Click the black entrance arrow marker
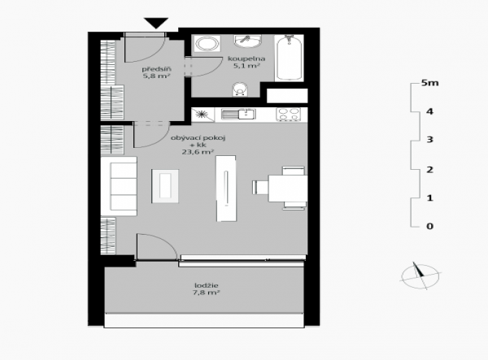[156, 23]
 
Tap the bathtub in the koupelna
[289, 58]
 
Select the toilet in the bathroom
[240, 89]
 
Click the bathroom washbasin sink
[248, 41]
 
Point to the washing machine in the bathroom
[207, 44]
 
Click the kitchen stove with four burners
[289, 114]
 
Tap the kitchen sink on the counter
[238, 114]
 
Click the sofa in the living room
[119, 186]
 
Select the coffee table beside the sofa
[165, 186]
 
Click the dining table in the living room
[288, 188]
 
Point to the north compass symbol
[420, 275]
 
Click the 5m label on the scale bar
[429, 83]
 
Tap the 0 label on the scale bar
[429, 226]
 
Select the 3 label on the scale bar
[429, 139]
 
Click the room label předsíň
[156, 69]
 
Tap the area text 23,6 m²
[198, 152]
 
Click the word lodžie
[207, 285]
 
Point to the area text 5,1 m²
[246, 66]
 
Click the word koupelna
[246, 59]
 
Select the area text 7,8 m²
[207, 293]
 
